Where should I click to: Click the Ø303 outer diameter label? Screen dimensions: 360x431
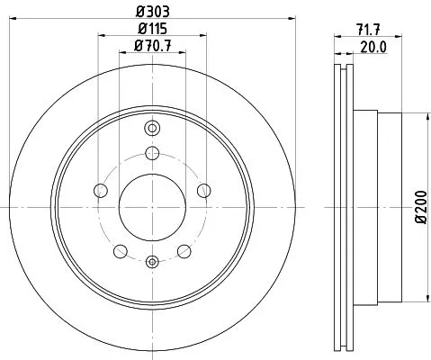pyautogui.click(x=152, y=13)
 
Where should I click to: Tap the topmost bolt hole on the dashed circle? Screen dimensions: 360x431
pyautogui.click(x=152, y=152)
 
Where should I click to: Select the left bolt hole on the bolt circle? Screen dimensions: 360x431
pyautogui.click(x=101, y=190)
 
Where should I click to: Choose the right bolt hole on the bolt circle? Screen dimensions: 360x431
pyautogui.click(x=203, y=190)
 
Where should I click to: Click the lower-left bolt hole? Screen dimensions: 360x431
pyautogui.click(x=121, y=249)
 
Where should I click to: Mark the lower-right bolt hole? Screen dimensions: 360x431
pyautogui.click(x=184, y=249)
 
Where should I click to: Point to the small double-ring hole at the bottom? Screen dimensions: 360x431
pyautogui.click(x=152, y=262)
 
